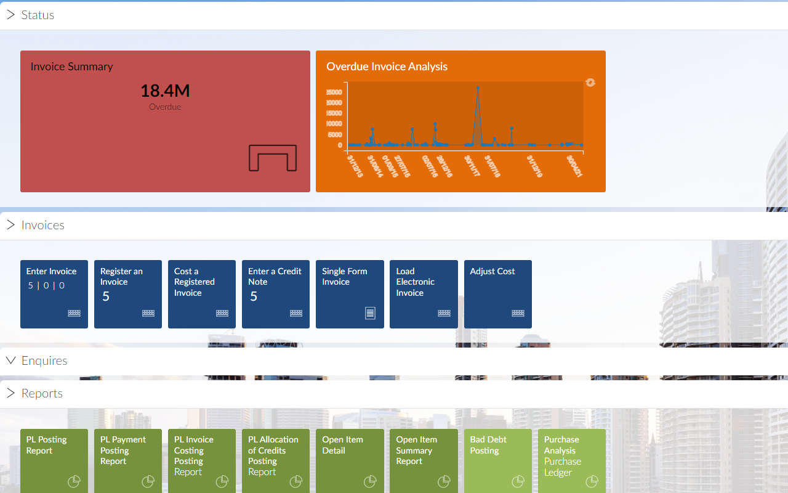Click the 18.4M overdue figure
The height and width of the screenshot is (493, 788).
pyautogui.click(x=165, y=91)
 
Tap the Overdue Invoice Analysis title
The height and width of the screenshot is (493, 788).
pyautogui.click(x=387, y=67)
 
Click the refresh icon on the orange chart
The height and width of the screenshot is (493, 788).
pyautogui.click(x=590, y=83)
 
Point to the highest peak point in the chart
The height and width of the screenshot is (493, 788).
pyautogui.click(x=478, y=88)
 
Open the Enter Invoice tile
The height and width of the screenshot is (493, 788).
pyautogui.click(x=54, y=294)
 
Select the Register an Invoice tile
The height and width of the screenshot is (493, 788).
pyautogui.click(x=128, y=294)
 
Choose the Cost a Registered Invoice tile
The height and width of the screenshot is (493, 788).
pyautogui.click(x=202, y=294)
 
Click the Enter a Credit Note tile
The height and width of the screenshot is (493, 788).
pyautogui.click(x=276, y=294)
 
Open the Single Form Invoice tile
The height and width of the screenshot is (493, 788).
pyautogui.click(x=350, y=294)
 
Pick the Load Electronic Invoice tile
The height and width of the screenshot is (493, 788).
pyautogui.click(x=424, y=294)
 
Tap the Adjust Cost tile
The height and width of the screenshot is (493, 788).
pyautogui.click(x=497, y=294)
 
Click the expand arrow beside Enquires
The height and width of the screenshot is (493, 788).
pyautogui.click(x=10, y=361)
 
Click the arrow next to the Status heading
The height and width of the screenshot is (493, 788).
pyautogui.click(x=10, y=15)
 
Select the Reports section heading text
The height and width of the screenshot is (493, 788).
pyautogui.click(x=42, y=393)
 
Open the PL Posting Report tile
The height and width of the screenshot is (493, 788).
pyautogui.click(x=54, y=459)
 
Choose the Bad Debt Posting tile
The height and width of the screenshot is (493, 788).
pyautogui.click(x=497, y=459)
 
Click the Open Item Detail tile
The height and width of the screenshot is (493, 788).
pyautogui.click(x=350, y=459)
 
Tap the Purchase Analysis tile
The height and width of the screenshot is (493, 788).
pyautogui.click(x=571, y=459)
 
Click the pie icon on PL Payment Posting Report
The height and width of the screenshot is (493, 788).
pyautogui.click(x=148, y=481)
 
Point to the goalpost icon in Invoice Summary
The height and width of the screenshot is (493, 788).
pyautogui.click(x=273, y=158)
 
